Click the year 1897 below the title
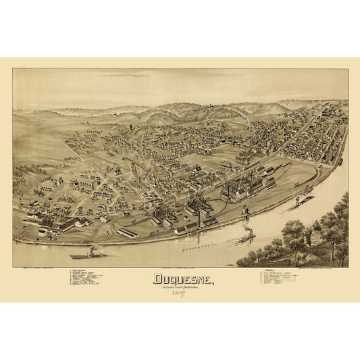pos(180,292)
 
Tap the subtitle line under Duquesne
pos(180,285)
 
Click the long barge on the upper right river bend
pos(303,201)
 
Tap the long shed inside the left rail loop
pos(126,232)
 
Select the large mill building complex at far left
pos(54,222)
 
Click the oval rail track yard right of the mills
pos(297,177)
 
